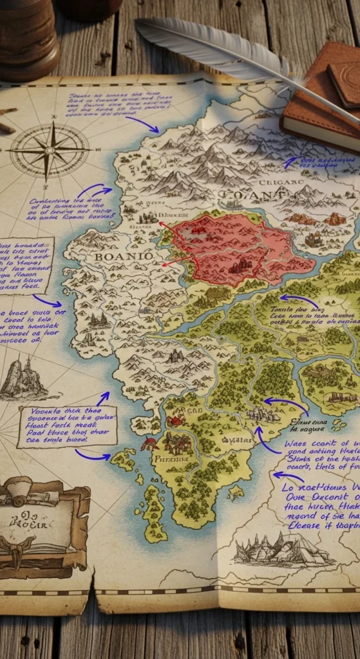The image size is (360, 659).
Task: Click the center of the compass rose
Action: click(x=49, y=150)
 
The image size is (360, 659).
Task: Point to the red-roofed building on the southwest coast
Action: click(x=149, y=443)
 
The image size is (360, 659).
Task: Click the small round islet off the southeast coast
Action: click(x=236, y=492)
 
